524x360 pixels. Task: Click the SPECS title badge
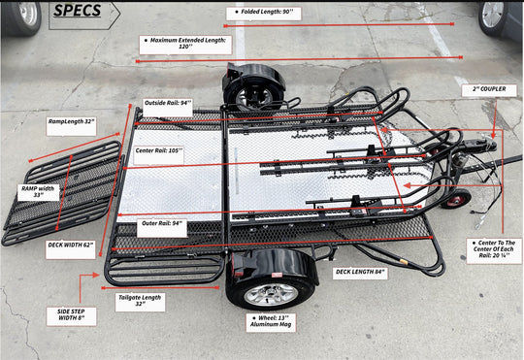click(82, 13)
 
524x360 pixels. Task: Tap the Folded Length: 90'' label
click(267, 14)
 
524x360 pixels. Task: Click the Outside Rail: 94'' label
click(168, 102)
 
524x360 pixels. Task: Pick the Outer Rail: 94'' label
click(163, 222)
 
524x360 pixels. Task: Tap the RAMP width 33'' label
click(40, 190)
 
